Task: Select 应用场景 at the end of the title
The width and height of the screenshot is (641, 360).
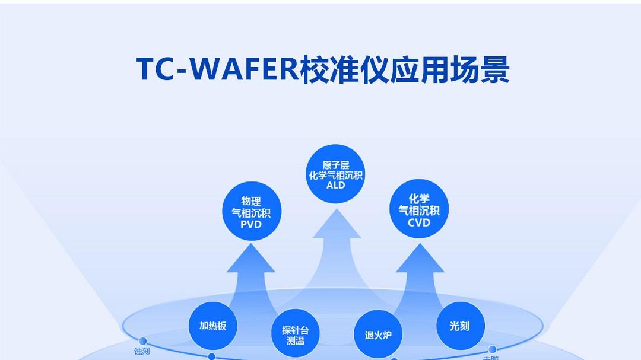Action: [449, 69]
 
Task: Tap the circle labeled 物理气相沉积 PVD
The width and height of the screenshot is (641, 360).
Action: [251, 212]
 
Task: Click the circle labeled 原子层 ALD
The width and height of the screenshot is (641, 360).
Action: [335, 174]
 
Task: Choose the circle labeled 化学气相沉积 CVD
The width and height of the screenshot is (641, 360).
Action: [419, 209]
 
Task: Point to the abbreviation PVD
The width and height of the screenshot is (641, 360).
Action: [251, 225]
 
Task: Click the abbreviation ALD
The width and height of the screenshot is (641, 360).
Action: [335, 185]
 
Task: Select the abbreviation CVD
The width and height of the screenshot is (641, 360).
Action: [419, 222]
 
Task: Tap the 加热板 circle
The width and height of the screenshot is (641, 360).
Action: [212, 326]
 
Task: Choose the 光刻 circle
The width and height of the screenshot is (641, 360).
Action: [460, 326]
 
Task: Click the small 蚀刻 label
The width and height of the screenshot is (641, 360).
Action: [142, 352]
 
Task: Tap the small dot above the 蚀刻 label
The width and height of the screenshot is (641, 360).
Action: [142, 341]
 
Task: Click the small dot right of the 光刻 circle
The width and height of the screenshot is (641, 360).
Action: [492, 349]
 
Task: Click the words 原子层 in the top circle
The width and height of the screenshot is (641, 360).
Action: [335, 165]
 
